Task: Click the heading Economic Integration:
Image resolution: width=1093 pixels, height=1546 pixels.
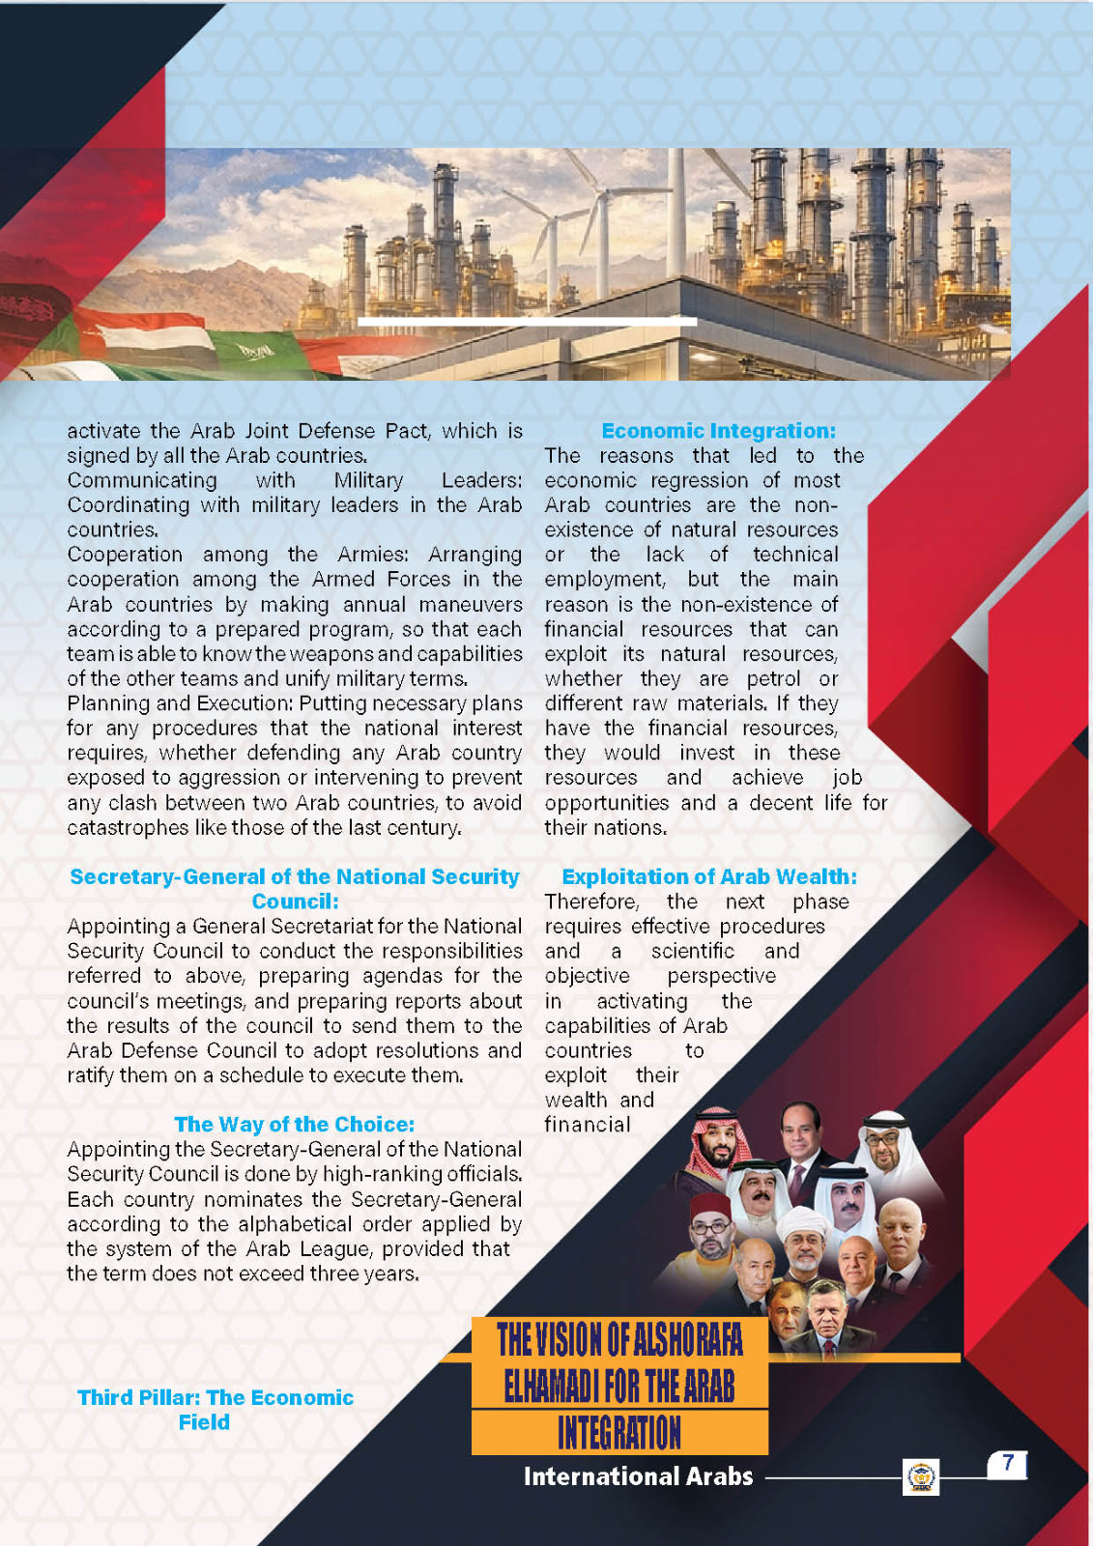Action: [x=718, y=431]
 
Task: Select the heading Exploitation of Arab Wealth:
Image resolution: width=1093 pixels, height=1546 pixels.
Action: [x=708, y=876]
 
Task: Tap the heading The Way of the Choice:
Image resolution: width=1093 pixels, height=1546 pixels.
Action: [x=294, y=1124]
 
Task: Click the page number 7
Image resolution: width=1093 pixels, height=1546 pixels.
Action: [x=1007, y=1463]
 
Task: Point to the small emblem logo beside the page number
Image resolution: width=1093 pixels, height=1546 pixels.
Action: [x=921, y=1477]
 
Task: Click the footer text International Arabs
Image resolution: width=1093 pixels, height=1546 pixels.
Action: [x=638, y=1476]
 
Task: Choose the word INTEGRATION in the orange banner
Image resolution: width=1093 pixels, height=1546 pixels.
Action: [x=619, y=1433]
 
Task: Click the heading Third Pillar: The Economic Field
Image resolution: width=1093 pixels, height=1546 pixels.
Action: [x=215, y=1410]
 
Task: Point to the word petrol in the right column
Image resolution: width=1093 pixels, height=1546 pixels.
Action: [x=773, y=679]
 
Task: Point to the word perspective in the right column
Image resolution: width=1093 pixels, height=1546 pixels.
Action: [x=721, y=976]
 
